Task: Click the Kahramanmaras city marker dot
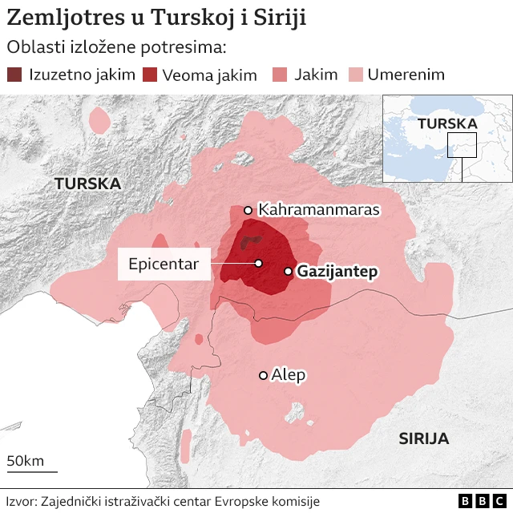248,211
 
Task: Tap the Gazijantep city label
337,272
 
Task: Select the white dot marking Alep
263,375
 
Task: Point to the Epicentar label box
164,264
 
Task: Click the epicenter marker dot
258,263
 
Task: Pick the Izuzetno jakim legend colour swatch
15,75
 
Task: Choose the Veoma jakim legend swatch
150,75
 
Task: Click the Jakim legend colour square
281,75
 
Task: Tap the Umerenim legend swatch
354,75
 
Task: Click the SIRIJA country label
423,438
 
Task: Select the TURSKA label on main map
87,184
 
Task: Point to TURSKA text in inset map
446,123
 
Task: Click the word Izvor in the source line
21,501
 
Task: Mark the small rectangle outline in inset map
462,145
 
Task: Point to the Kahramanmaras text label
318,210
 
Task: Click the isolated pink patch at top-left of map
99,120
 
